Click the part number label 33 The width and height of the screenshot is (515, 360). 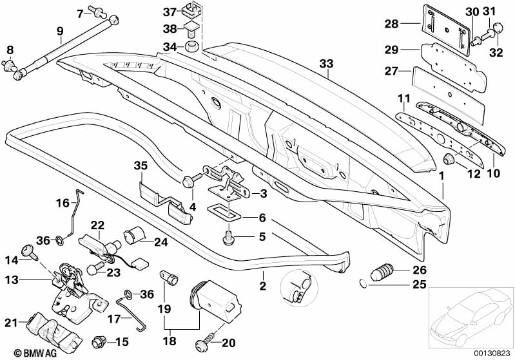coord(326,64)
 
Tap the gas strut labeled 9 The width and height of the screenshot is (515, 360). coord(66,46)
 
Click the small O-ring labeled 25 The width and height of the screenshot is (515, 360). coord(364,282)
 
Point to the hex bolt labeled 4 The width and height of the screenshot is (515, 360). coord(191,180)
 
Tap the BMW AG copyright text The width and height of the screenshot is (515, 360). coord(35,353)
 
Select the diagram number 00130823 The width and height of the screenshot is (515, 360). coord(491,353)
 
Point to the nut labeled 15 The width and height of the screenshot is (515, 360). coord(99,342)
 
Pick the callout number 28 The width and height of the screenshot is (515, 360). coord(391,24)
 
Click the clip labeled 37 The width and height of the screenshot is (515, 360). coord(191,12)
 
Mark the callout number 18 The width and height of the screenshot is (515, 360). coord(170,341)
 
